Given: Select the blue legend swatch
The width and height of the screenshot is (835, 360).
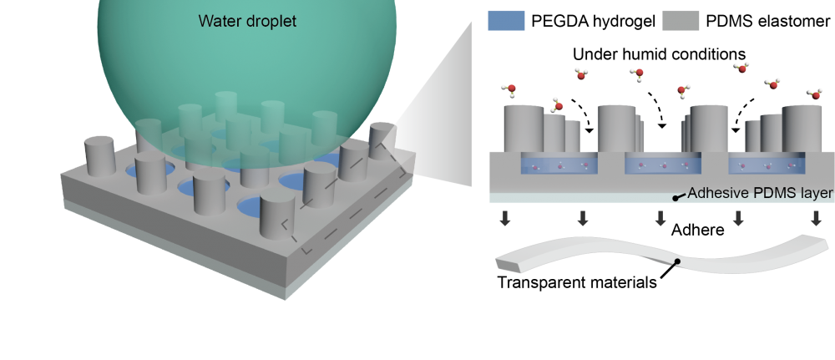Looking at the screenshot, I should click(x=506, y=20).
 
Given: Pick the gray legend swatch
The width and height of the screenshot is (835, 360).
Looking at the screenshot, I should click(x=681, y=20).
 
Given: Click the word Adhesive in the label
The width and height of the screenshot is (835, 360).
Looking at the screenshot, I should click(x=721, y=194).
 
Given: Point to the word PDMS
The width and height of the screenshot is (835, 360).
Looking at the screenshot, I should click(x=777, y=194).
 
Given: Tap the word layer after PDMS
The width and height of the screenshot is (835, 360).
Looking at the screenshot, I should click(x=817, y=194).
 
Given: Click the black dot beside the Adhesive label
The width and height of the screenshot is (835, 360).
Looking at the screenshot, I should click(x=677, y=199).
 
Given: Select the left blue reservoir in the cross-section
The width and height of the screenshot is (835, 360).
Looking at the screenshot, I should click(x=559, y=164).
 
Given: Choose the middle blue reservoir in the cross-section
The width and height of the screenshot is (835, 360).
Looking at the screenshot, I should click(x=661, y=164).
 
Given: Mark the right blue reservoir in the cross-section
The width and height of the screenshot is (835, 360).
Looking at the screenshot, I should click(x=767, y=164).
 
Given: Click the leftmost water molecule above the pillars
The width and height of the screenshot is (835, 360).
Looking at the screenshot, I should click(x=509, y=88).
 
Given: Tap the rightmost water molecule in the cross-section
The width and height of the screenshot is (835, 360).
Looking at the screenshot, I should click(x=814, y=94).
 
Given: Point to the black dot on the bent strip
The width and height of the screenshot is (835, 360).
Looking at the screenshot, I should click(x=677, y=262).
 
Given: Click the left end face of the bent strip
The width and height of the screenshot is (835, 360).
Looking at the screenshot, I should click(x=507, y=266).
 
